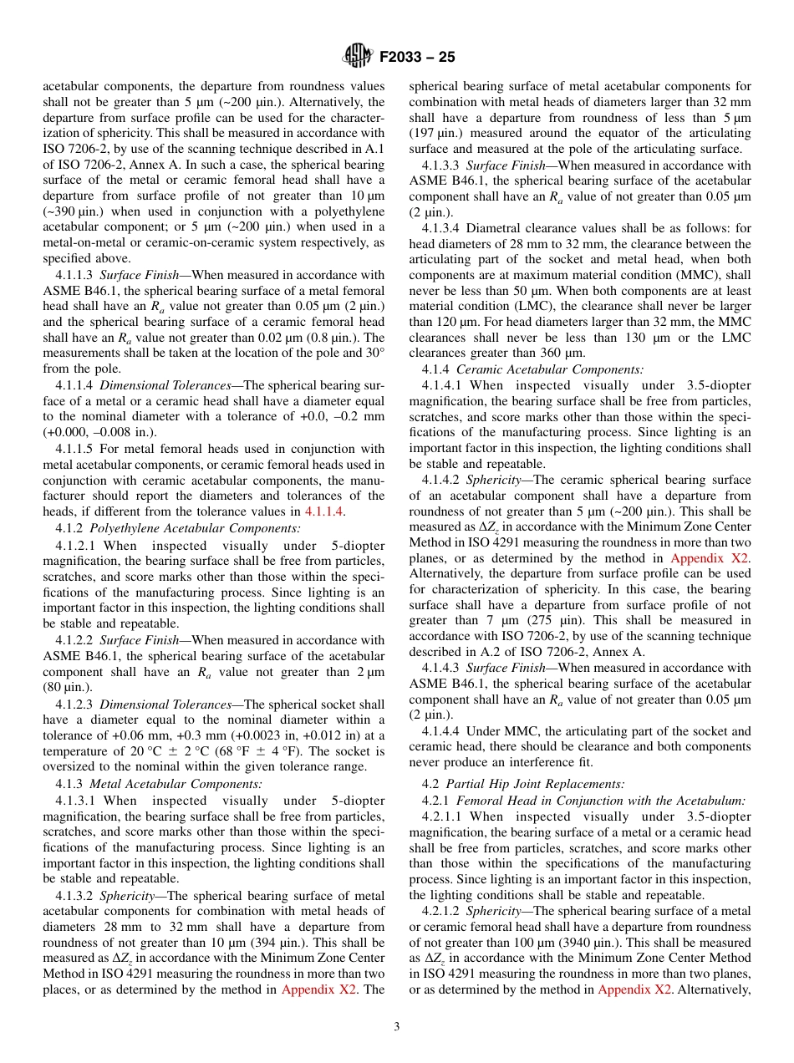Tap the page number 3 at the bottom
pyautogui.click(x=396, y=1027)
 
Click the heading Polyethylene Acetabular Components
pyautogui.click(x=195, y=528)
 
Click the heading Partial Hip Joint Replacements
pyautogui.click(x=535, y=783)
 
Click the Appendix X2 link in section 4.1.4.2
pyautogui.click(x=710, y=558)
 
